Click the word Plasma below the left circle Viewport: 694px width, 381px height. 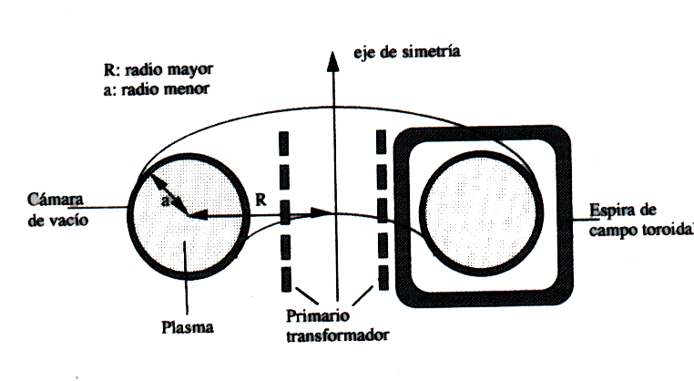[188, 327]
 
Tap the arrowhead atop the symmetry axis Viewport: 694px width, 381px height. [332, 61]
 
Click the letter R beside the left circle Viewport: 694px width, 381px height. [261, 201]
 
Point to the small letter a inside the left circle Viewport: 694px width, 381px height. [165, 201]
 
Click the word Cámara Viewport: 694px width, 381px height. [56, 200]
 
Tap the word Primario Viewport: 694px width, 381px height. [317, 316]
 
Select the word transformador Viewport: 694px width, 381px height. [337, 335]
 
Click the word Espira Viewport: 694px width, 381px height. [610, 210]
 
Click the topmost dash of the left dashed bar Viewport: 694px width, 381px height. [284, 143]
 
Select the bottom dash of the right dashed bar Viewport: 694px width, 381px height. [383, 278]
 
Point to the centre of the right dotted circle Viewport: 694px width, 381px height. [481, 213]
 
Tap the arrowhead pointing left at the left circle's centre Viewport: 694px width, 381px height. [199, 216]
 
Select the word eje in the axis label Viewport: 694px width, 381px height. [364, 53]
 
